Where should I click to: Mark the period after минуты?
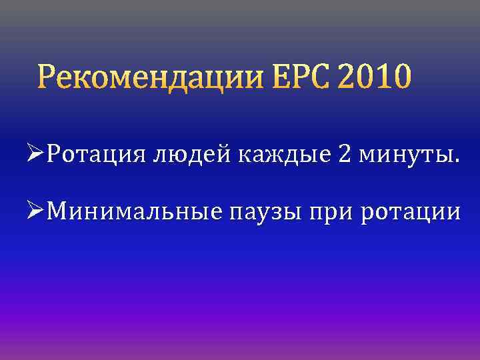point(456,162)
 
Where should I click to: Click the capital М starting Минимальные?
point(59,211)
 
